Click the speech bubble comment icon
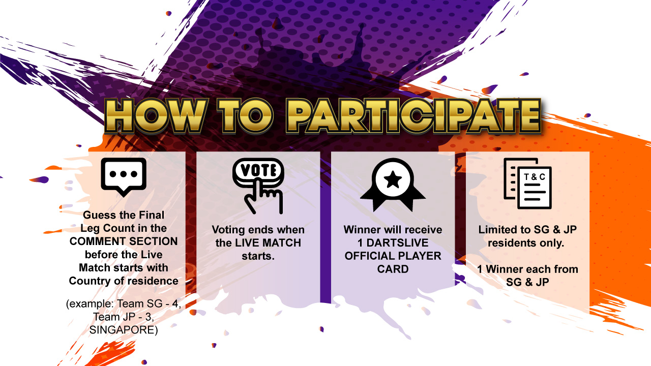pos(124,176)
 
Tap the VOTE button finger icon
pos(258,186)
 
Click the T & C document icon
pos(527,184)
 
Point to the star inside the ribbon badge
pos(393,179)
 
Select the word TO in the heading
pos(246,115)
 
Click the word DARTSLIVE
pos(397,243)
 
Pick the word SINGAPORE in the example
pos(124,330)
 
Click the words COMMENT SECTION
pos(124,241)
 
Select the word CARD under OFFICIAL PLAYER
pos(393,269)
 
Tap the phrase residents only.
pos(526,243)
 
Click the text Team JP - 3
pos(124,317)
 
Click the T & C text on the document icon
pos(535,177)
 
